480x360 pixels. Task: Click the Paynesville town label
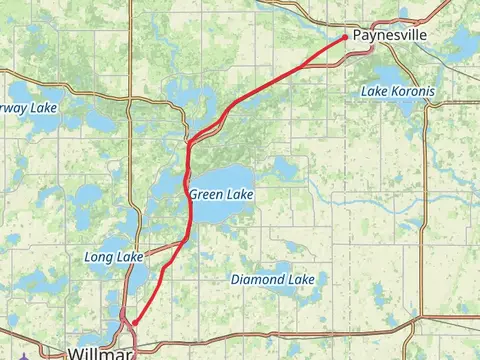(x=390, y=34)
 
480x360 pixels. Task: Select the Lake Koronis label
(x=398, y=91)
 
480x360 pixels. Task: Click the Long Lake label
(x=113, y=257)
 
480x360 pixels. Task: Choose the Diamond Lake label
(x=273, y=279)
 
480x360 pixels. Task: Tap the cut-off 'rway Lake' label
(x=25, y=108)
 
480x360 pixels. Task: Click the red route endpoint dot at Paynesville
(x=345, y=37)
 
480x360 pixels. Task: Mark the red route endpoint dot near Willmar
(x=134, y=322)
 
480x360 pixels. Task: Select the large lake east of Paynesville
(x=463, y=42)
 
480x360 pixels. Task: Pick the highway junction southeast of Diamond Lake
(x=421, y=331)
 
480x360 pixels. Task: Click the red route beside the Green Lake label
(x=189, y=195)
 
